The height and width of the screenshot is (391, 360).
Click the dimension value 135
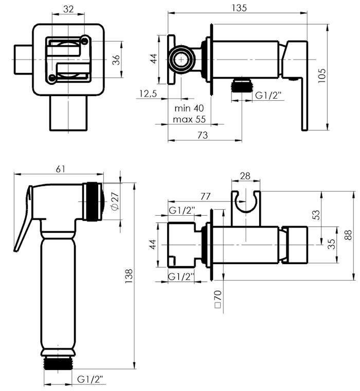click(239, 8)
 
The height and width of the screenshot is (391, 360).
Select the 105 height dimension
click(322, 76)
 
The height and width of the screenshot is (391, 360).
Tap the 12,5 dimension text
click(148, 94)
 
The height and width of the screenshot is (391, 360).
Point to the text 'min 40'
click(189, 108)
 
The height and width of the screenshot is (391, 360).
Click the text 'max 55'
click(189, 119)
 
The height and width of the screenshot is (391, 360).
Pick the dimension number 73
click(203, 135)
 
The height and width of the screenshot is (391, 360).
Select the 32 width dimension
click(68, 9)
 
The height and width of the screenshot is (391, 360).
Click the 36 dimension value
click(116, 60)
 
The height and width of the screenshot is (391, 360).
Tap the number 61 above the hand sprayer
click(60, 169)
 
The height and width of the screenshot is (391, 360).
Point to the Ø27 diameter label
click(115, 201)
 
